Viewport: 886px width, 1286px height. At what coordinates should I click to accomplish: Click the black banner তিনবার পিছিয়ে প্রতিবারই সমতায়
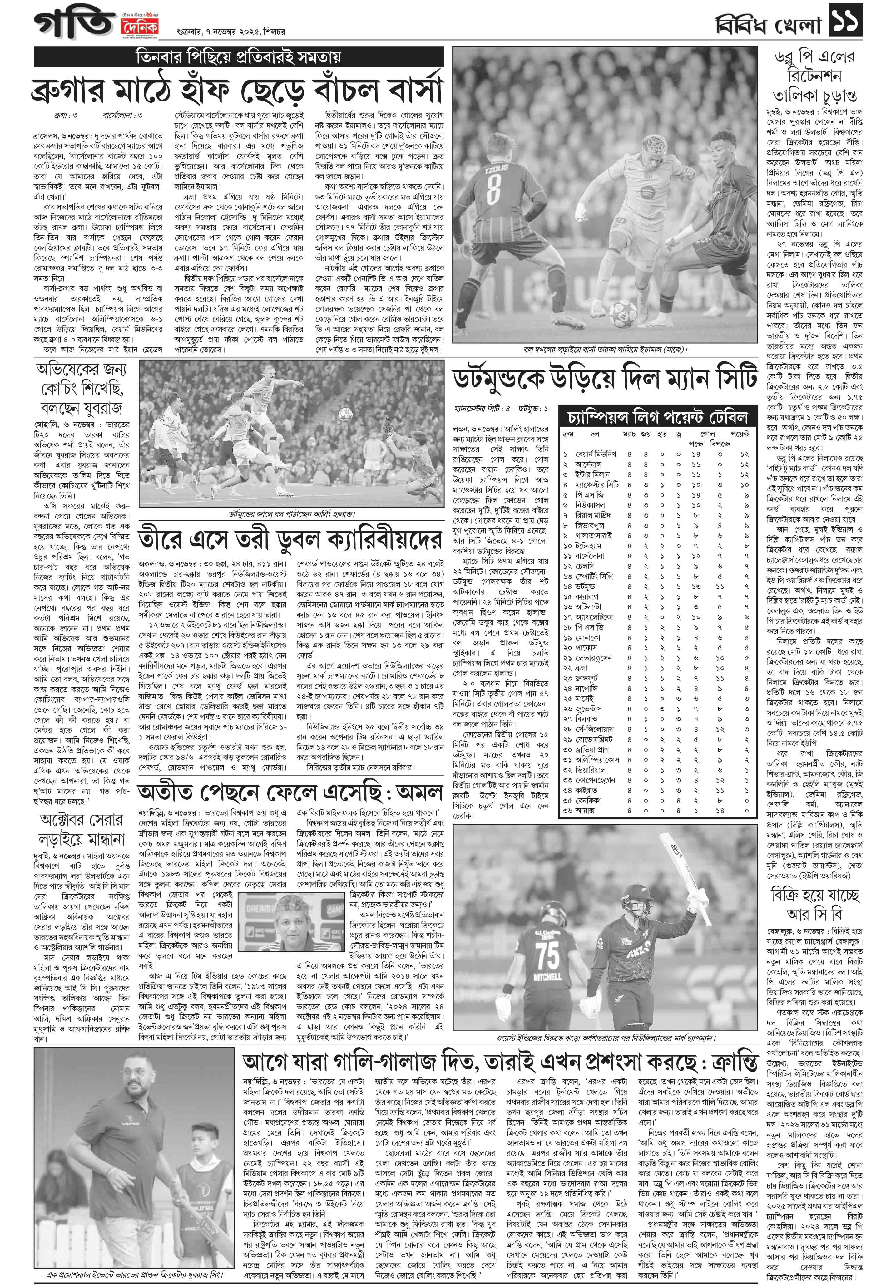239,58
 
